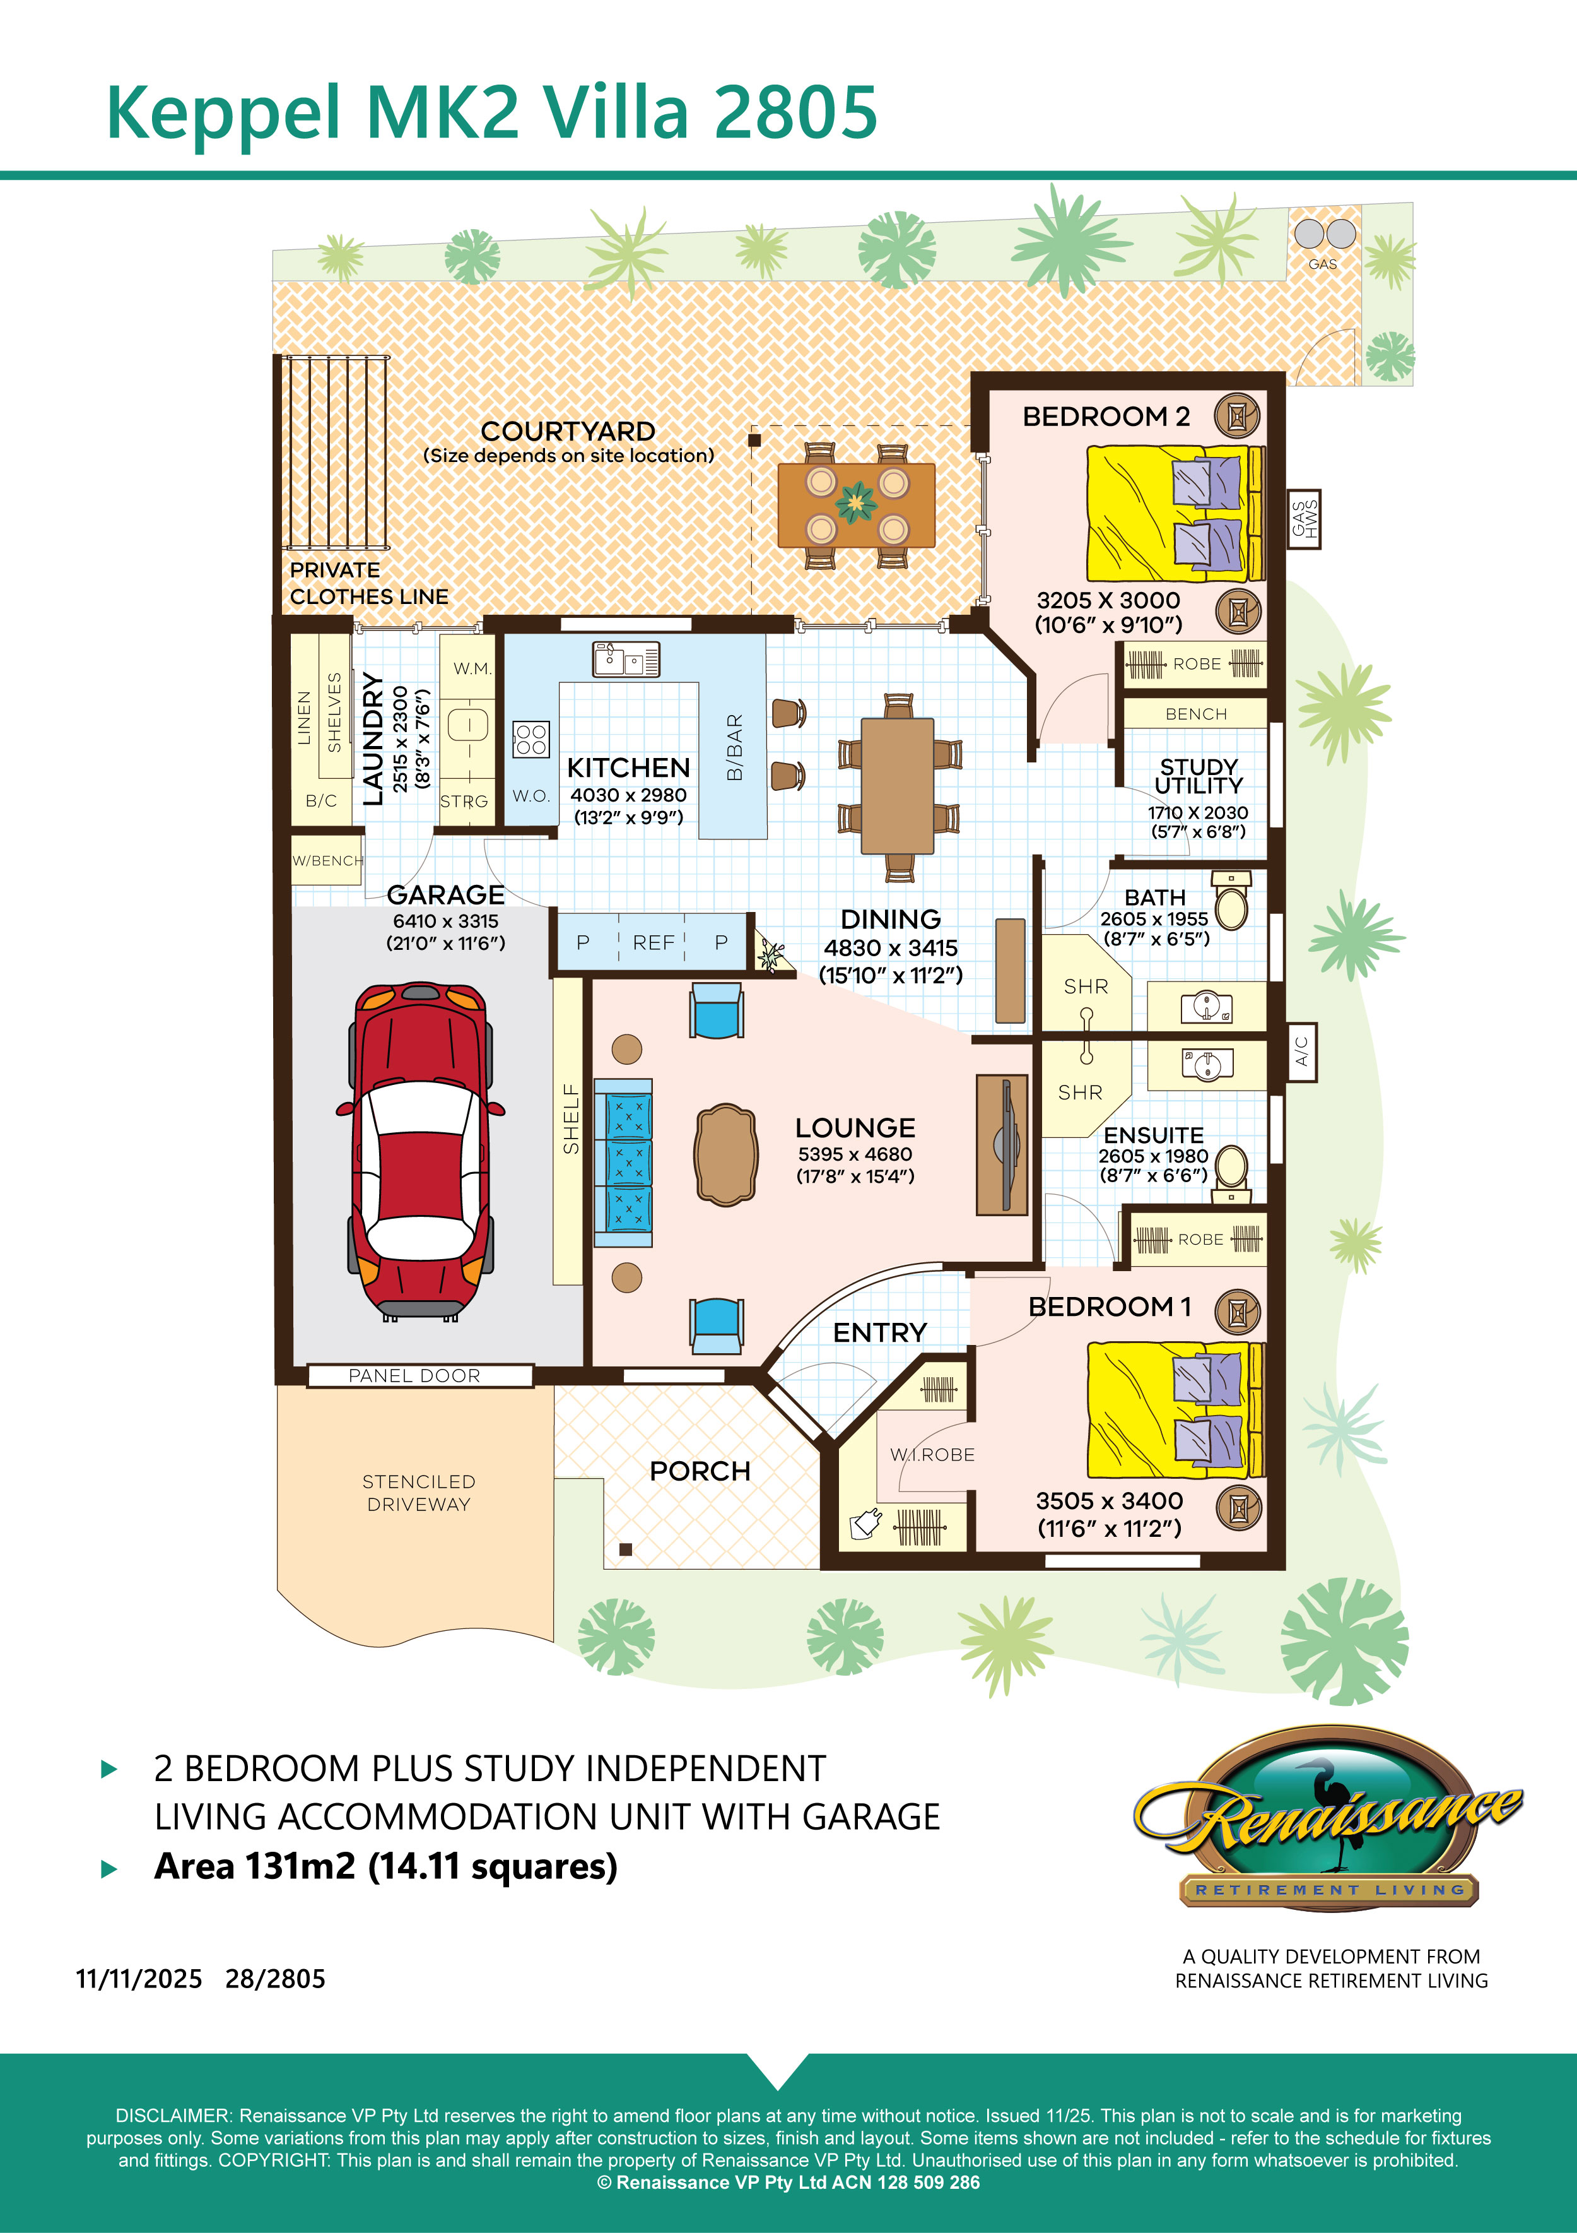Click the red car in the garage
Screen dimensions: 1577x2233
click(x=420, y=1151)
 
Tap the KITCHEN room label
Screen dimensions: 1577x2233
click(x=628, y=767)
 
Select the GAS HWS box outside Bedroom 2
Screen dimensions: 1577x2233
click(x=1304, y=519)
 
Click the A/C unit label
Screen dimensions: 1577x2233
click(x=1302, y=1051)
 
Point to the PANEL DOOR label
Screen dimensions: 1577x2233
click(x=414, y=1375)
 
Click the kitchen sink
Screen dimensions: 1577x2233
click(x=626, y=658)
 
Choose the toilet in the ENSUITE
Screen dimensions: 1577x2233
click(x=1232, y=1171)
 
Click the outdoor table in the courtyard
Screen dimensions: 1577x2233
click(x=855, y=506)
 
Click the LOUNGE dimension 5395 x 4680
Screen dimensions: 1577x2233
click(x=855, y=1154)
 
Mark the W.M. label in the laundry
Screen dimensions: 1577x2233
click(x=472, y=669)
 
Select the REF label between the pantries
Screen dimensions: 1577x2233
click(x=654, y=942)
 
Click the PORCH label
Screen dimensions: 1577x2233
click(x=700, y=1471)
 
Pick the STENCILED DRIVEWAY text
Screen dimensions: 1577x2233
click(x=418, y=1493)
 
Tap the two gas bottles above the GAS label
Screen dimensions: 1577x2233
click(x=1324, y=234)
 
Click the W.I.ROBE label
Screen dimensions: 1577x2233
click(x=932, y=1455)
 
